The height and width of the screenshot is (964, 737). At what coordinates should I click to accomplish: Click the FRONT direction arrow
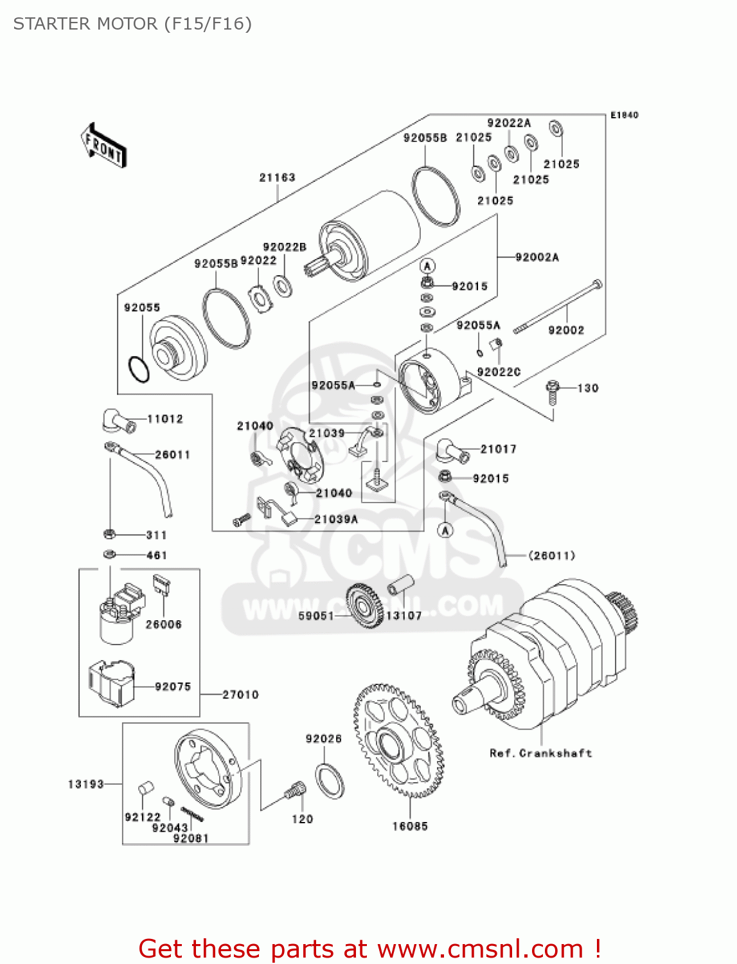point(103,146)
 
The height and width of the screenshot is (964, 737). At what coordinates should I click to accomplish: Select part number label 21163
point(277,177)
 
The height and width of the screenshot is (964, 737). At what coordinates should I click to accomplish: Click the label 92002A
point(537,257)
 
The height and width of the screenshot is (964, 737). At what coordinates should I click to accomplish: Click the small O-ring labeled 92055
point(139,369)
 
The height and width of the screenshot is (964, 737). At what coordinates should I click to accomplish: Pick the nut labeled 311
point(109,534)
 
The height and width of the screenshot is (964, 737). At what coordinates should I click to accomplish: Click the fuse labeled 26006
point(161,585)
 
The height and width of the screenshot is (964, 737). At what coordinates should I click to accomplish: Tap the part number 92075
point(173,686)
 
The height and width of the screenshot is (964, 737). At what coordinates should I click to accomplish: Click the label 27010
point(240,695)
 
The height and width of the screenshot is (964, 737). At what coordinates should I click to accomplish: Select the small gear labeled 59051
point(364,606)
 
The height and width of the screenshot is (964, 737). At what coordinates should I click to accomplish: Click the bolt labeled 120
point(295,791)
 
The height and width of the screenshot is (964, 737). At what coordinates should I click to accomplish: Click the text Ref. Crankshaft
point(540,753)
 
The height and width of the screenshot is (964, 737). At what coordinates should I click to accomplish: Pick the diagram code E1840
point(624,115)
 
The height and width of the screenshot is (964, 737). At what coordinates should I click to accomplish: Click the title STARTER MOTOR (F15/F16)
point(132,24)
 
